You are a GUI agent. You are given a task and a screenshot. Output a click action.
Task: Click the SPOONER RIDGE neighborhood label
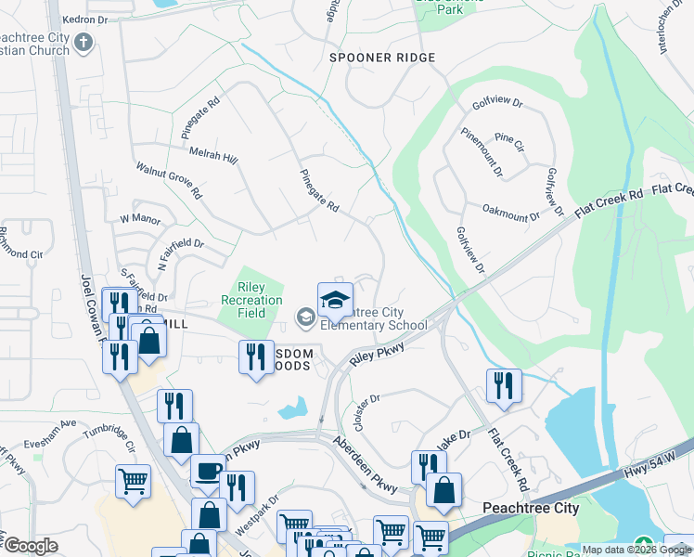click(x=382, y=58)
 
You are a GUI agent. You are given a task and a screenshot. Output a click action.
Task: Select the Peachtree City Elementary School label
click(x=374, y=318)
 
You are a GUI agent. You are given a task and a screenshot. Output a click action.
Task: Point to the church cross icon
click(x=83, y=42)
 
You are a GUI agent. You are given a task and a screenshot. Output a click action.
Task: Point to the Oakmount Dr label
click(x=510, y=214)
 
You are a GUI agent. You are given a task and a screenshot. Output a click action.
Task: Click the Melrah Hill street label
click(x=212, y=155)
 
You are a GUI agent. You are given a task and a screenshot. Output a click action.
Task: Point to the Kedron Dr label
click(x=85, y=19)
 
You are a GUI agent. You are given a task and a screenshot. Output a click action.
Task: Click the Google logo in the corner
click(x=30, y=546)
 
